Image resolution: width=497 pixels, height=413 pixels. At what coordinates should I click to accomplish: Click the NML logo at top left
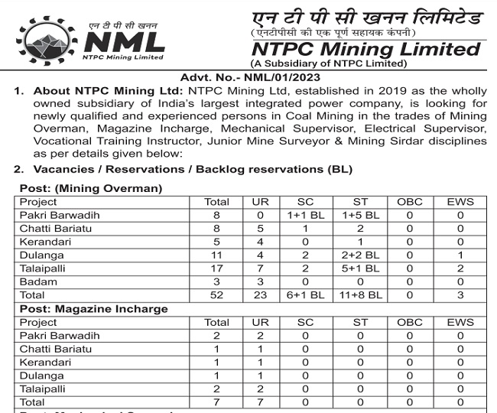click(91, 39)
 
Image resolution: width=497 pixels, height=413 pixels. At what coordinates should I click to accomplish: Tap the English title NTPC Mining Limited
click(366, 49)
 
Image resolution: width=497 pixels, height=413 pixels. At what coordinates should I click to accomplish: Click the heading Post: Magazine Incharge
click(93, 309)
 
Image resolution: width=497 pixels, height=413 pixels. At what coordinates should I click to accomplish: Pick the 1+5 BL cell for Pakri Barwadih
click(360, 216)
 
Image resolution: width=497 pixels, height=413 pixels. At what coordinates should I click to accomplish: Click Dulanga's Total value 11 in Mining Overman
click(216, 255)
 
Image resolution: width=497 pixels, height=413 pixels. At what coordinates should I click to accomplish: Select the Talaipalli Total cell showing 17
click(216, 268)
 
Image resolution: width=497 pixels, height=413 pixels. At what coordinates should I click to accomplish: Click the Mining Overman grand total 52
click(216, 294)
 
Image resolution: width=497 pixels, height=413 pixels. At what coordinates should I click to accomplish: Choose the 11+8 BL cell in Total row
click(360, 294)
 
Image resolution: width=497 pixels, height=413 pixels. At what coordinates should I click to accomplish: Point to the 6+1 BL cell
click(306, 294)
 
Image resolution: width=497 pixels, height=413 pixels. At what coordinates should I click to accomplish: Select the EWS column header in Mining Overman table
click(460, 202)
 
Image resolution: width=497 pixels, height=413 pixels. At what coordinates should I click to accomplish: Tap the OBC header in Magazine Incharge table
click(409, 322)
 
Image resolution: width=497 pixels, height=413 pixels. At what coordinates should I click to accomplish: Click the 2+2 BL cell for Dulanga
click(360, 255)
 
